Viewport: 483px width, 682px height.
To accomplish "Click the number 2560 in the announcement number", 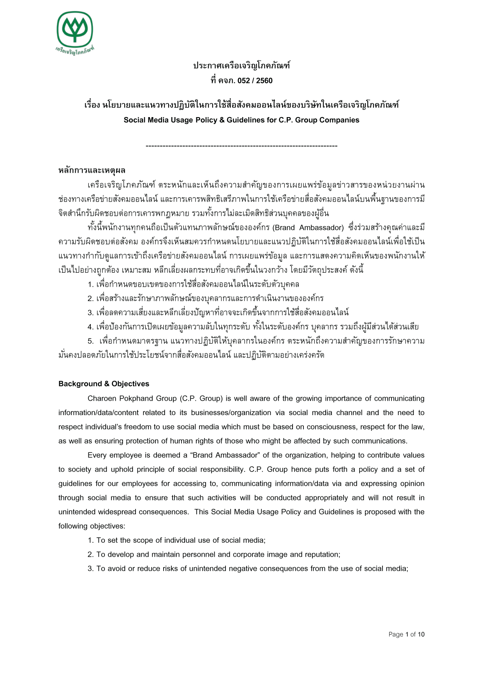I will [x=264, y=81].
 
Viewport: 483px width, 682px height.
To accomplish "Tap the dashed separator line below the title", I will [x=241, y=146].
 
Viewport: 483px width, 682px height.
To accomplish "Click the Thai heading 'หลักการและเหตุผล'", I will [x=92, y=170].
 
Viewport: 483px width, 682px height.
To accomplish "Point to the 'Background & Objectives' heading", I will [x=104, y=384].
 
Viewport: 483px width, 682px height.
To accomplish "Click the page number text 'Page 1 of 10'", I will [x=406, y=635].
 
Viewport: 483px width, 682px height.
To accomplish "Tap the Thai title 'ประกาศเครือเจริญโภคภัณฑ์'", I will [x=241, y=66].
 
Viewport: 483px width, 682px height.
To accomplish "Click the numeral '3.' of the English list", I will [x=91, y=569].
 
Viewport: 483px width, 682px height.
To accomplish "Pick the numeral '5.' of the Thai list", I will [x=91, y=341].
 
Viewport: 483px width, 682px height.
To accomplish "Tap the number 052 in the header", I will [x=243, y=81].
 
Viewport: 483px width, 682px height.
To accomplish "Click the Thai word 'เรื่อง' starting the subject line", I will [x=92, y=105].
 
